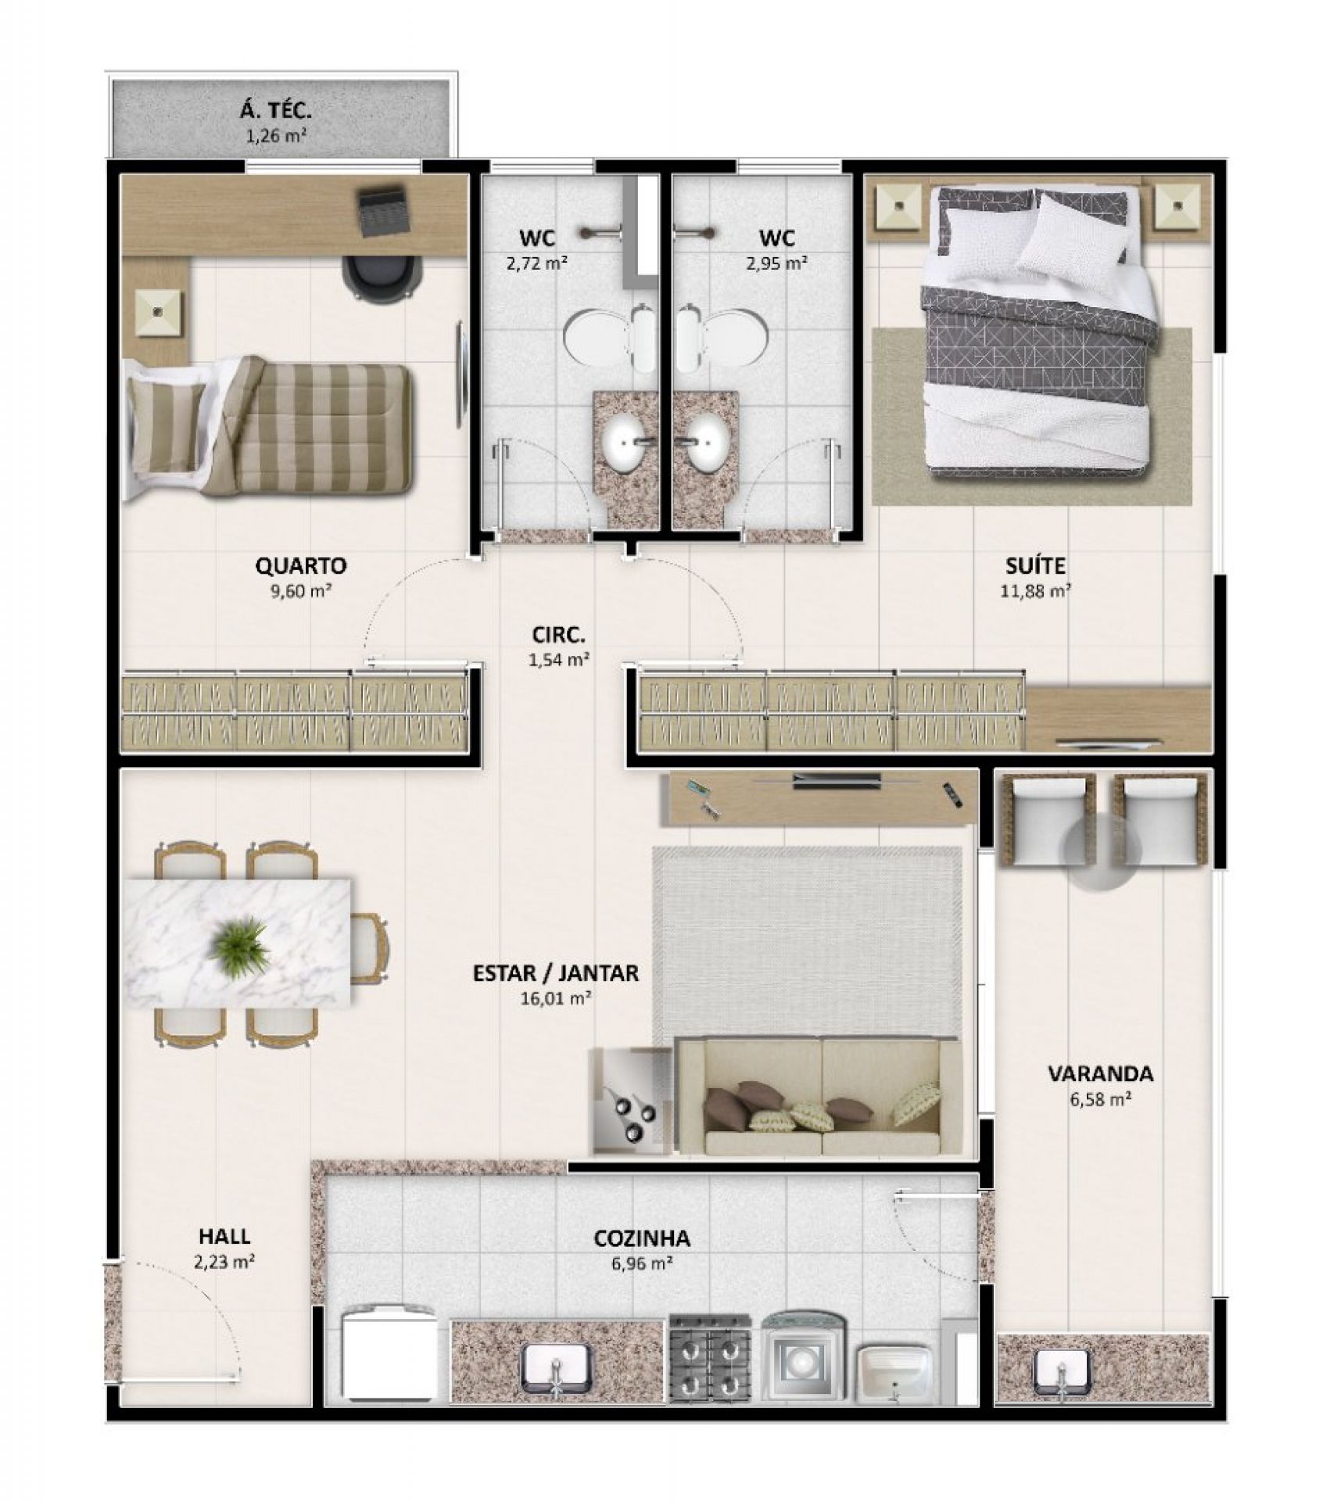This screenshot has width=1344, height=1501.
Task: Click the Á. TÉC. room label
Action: point(275,112)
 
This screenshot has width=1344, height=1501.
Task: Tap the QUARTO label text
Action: point(301,565)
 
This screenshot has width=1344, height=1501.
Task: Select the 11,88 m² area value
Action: point(1035,590)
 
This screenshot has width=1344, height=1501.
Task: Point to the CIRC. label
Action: point(558,634)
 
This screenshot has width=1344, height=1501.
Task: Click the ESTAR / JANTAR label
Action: point(555,973)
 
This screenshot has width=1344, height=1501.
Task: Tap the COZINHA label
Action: point(642,1238)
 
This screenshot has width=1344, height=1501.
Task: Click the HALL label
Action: point(224,1236)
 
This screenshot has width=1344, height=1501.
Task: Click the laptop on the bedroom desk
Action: point(383,209)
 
